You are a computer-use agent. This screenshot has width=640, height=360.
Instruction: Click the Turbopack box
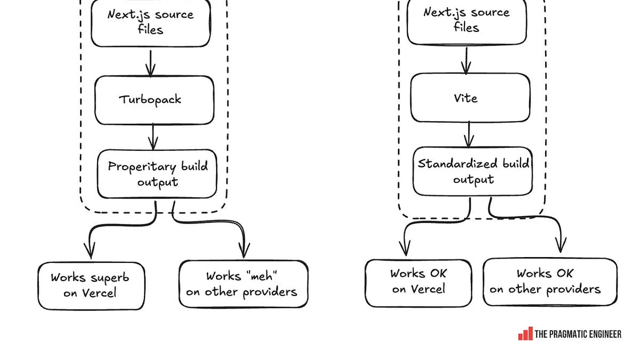(154, 100)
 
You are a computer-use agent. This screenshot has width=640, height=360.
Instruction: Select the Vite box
(470, 98)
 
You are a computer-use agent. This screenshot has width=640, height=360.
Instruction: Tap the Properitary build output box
(157, 174)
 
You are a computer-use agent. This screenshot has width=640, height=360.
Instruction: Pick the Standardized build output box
(473, 171)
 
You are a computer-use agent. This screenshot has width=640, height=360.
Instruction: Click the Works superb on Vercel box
(91, 286)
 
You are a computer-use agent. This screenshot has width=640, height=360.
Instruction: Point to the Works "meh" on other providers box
(243, 283)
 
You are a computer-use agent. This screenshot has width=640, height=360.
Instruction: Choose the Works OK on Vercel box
(418, 283)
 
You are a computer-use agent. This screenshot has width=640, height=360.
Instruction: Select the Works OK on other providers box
(550, 282)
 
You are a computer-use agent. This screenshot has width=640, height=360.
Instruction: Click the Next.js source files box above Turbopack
(151, 23)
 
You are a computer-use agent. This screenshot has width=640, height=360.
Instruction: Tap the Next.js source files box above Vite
(466, 21)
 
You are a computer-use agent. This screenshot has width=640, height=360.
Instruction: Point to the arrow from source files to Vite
(466, 60)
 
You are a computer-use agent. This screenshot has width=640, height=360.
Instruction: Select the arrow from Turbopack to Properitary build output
(153, 137)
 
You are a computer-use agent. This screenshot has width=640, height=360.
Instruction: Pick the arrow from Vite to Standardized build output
(469, 134)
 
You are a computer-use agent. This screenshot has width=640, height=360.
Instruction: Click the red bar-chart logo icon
(525, 334)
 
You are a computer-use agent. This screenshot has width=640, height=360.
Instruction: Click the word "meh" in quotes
(262, 276)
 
